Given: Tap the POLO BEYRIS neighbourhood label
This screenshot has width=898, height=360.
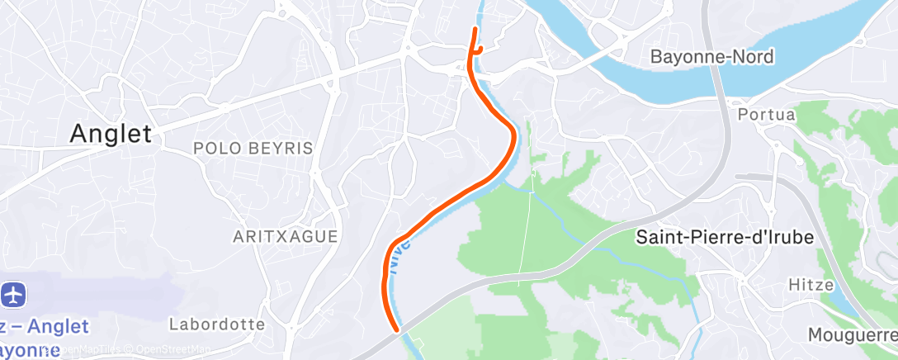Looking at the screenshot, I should point(253,149).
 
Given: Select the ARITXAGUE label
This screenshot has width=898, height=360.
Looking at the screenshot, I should point(285,236).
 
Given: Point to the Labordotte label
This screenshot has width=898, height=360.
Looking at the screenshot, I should point(217,324).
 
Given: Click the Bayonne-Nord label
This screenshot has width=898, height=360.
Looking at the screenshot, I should point(711,57).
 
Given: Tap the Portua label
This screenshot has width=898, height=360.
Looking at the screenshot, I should point(767,114).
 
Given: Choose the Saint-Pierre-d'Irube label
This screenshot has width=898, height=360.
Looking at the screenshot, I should point(725,237).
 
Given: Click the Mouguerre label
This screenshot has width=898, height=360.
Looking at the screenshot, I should point(852,335).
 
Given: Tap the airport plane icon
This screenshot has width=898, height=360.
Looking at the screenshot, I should point(15,294).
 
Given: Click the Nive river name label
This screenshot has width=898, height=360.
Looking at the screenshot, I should point(401,257).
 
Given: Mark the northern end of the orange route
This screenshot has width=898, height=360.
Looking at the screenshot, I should point(475,29).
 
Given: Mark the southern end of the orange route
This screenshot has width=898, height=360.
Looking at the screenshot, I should point(398,329).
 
